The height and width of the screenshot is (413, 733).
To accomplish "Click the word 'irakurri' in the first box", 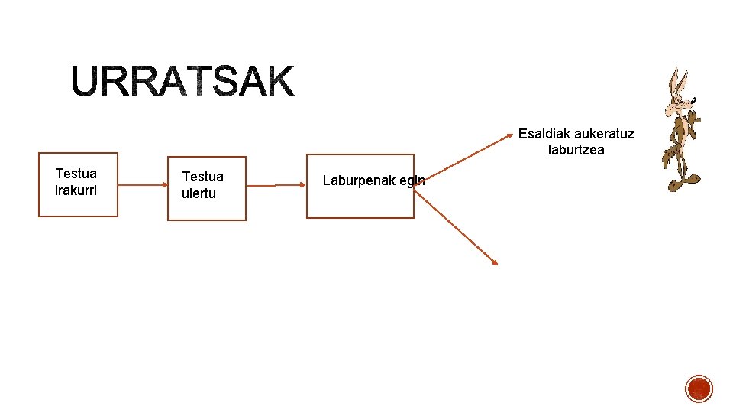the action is [x=76, y=190].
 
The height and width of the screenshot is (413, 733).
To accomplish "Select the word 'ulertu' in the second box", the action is [x=199, y=193].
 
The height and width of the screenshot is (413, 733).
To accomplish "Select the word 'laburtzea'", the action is [x=576, y=150].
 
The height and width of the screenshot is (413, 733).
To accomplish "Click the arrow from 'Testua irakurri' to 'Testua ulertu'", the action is [x=143, y=184].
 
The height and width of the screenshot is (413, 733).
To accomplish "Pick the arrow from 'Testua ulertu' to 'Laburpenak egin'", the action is [x=276, y=185].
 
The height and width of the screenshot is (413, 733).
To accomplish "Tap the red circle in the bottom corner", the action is [x=699, y=389].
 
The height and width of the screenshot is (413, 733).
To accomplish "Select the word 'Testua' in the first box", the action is [x=76, y=174].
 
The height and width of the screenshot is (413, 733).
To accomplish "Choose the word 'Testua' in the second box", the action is [x=202, y=177].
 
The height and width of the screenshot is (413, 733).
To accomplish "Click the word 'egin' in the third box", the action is [x=411, y=181].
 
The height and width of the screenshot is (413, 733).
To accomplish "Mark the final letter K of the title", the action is [x=277, y=82].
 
